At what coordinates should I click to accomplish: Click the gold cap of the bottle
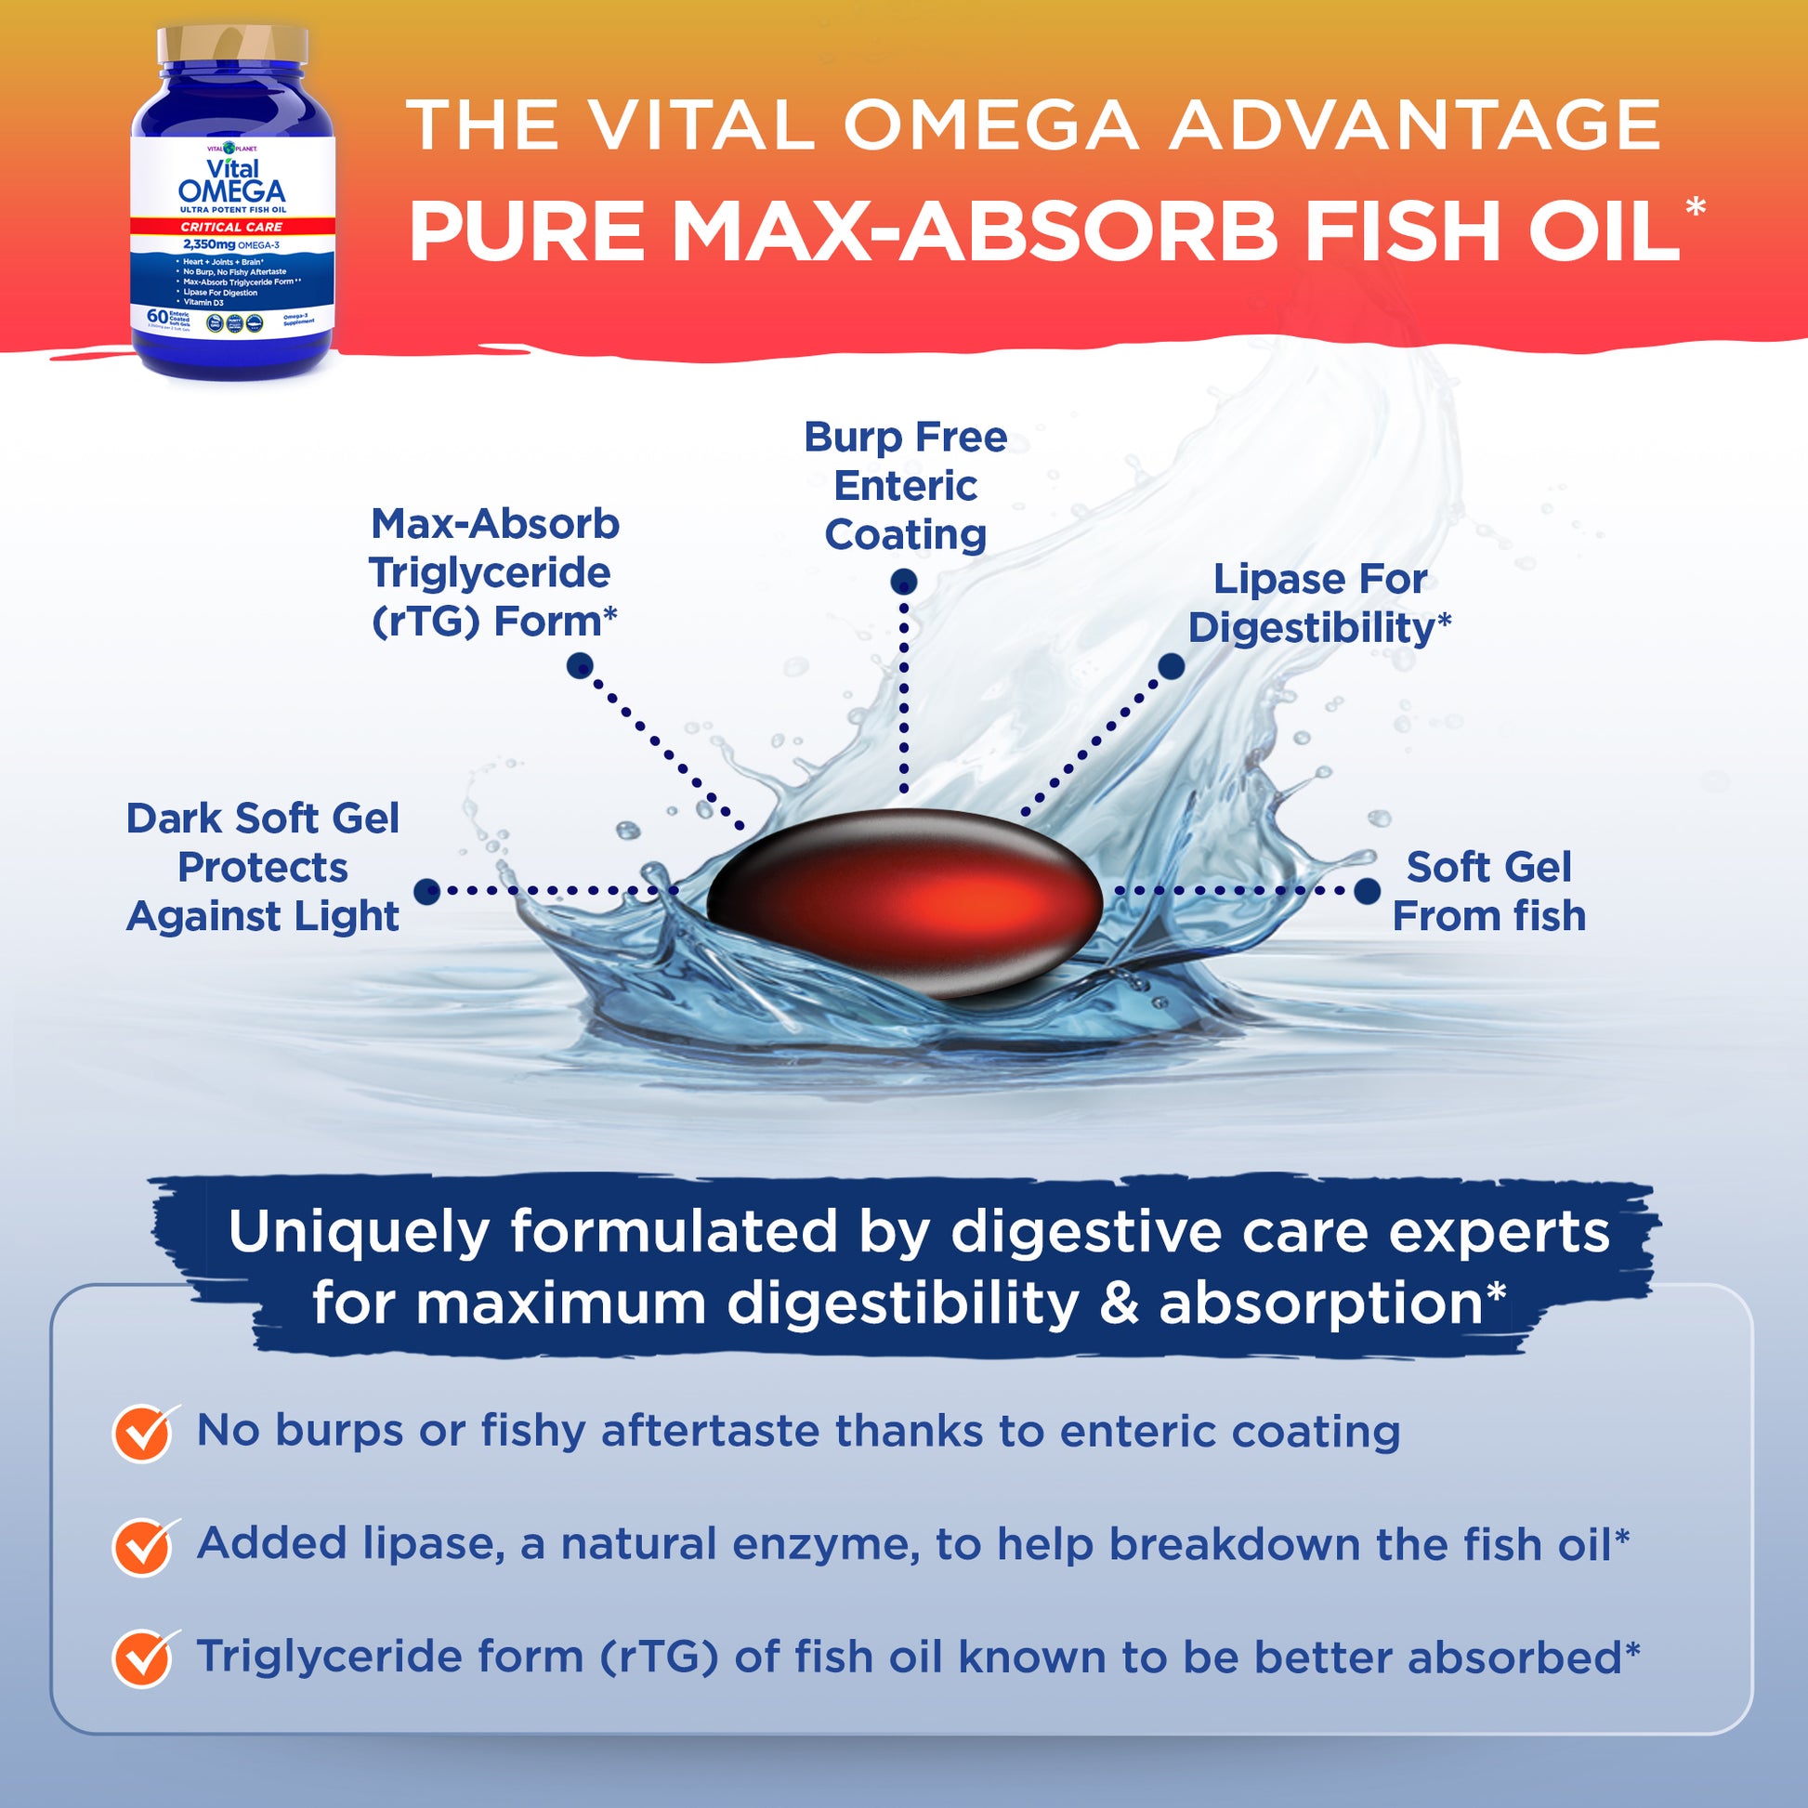click(x=232, y=44)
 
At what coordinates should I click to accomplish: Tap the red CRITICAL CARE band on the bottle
click(x=231, y=227)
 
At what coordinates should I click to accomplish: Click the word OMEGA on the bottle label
click(x=231, y=190)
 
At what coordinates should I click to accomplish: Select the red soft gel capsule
click(x=904, y=902)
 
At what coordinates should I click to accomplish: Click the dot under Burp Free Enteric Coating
click(x=903, y=583)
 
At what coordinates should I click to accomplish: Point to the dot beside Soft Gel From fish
click(x=1367, y=891)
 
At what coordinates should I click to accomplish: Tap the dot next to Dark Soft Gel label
click(x=426, y=891)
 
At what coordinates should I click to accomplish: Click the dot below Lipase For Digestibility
click(x=1171, y=666)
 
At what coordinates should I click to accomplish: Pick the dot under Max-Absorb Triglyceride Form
click(x=579, y=666)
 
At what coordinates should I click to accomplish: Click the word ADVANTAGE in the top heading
click(x=1414, y=125)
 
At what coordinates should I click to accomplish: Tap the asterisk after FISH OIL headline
click(x=1695, y=207)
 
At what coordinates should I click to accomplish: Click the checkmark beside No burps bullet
click(x=142, y=1433)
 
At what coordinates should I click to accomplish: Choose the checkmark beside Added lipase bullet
click(x=142, y=1546)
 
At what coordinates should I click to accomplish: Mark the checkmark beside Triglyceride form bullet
click(x=142, y=1658)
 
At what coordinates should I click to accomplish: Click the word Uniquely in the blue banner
click(x=359, y=1232)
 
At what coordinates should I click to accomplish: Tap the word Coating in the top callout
click(x=905, y=534)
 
